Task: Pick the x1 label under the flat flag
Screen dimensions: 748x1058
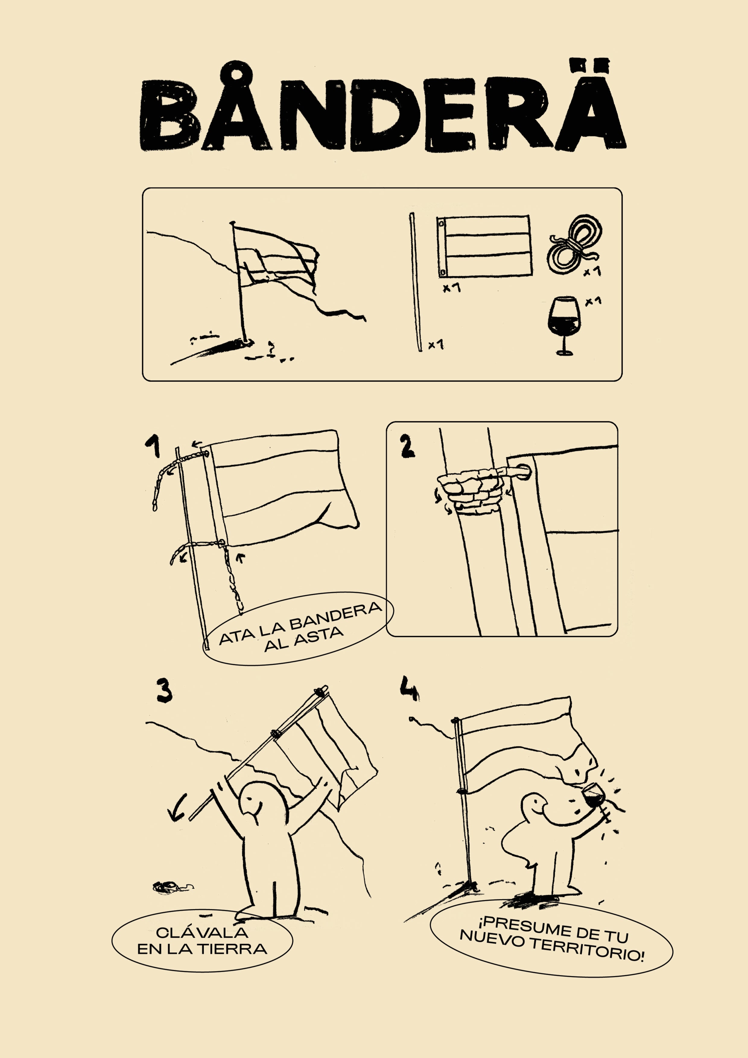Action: point(452,288)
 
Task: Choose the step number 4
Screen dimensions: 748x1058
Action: point(409,688)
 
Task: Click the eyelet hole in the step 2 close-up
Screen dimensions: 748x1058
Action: point(524,471)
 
